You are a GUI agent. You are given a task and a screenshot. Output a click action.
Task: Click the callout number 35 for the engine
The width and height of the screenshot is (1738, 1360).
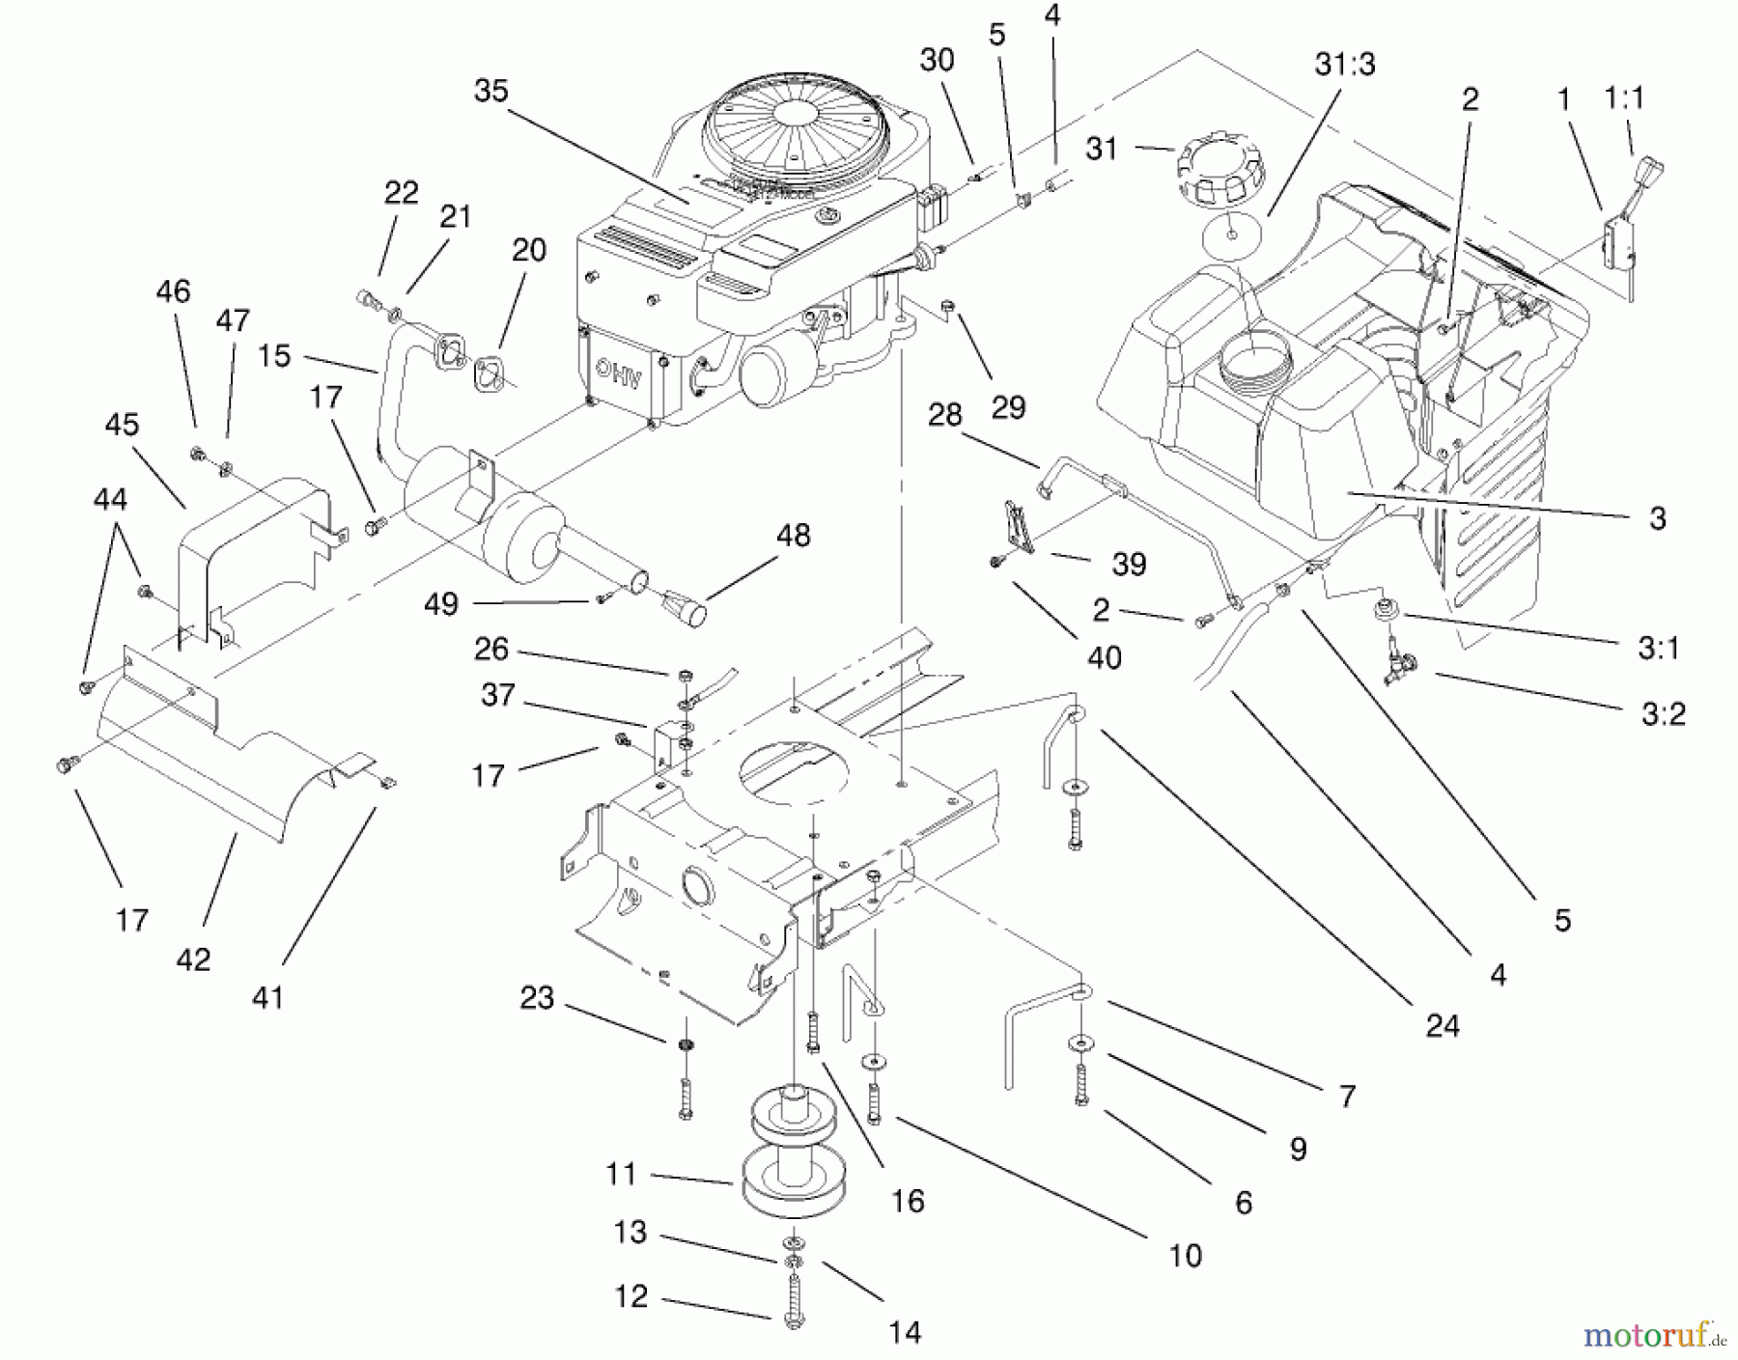coord(491,91)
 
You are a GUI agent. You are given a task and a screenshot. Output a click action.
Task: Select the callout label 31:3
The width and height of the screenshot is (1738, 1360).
coord(1345,64)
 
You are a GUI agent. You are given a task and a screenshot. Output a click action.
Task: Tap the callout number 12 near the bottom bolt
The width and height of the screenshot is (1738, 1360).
coord(631,1295)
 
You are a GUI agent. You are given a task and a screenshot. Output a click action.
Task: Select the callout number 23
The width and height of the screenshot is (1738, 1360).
coord(537,997)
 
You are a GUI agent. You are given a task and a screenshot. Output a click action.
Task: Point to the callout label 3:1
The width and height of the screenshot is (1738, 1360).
coord(1659,648)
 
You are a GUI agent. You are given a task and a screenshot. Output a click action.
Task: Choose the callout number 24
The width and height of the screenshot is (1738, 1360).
coord(1443,1025)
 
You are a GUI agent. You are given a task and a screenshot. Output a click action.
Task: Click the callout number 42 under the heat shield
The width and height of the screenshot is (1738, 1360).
coord(193,958)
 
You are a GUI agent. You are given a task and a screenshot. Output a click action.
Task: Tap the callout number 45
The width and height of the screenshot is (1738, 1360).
coord(123,425)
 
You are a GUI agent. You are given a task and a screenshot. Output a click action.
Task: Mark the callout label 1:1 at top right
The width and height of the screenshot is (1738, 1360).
coord(1624,97)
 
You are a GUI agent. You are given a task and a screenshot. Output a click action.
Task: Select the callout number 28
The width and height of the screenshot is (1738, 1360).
coord(944,415)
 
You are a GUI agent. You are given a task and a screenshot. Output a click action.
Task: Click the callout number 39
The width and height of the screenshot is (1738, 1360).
coord(1129,564)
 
